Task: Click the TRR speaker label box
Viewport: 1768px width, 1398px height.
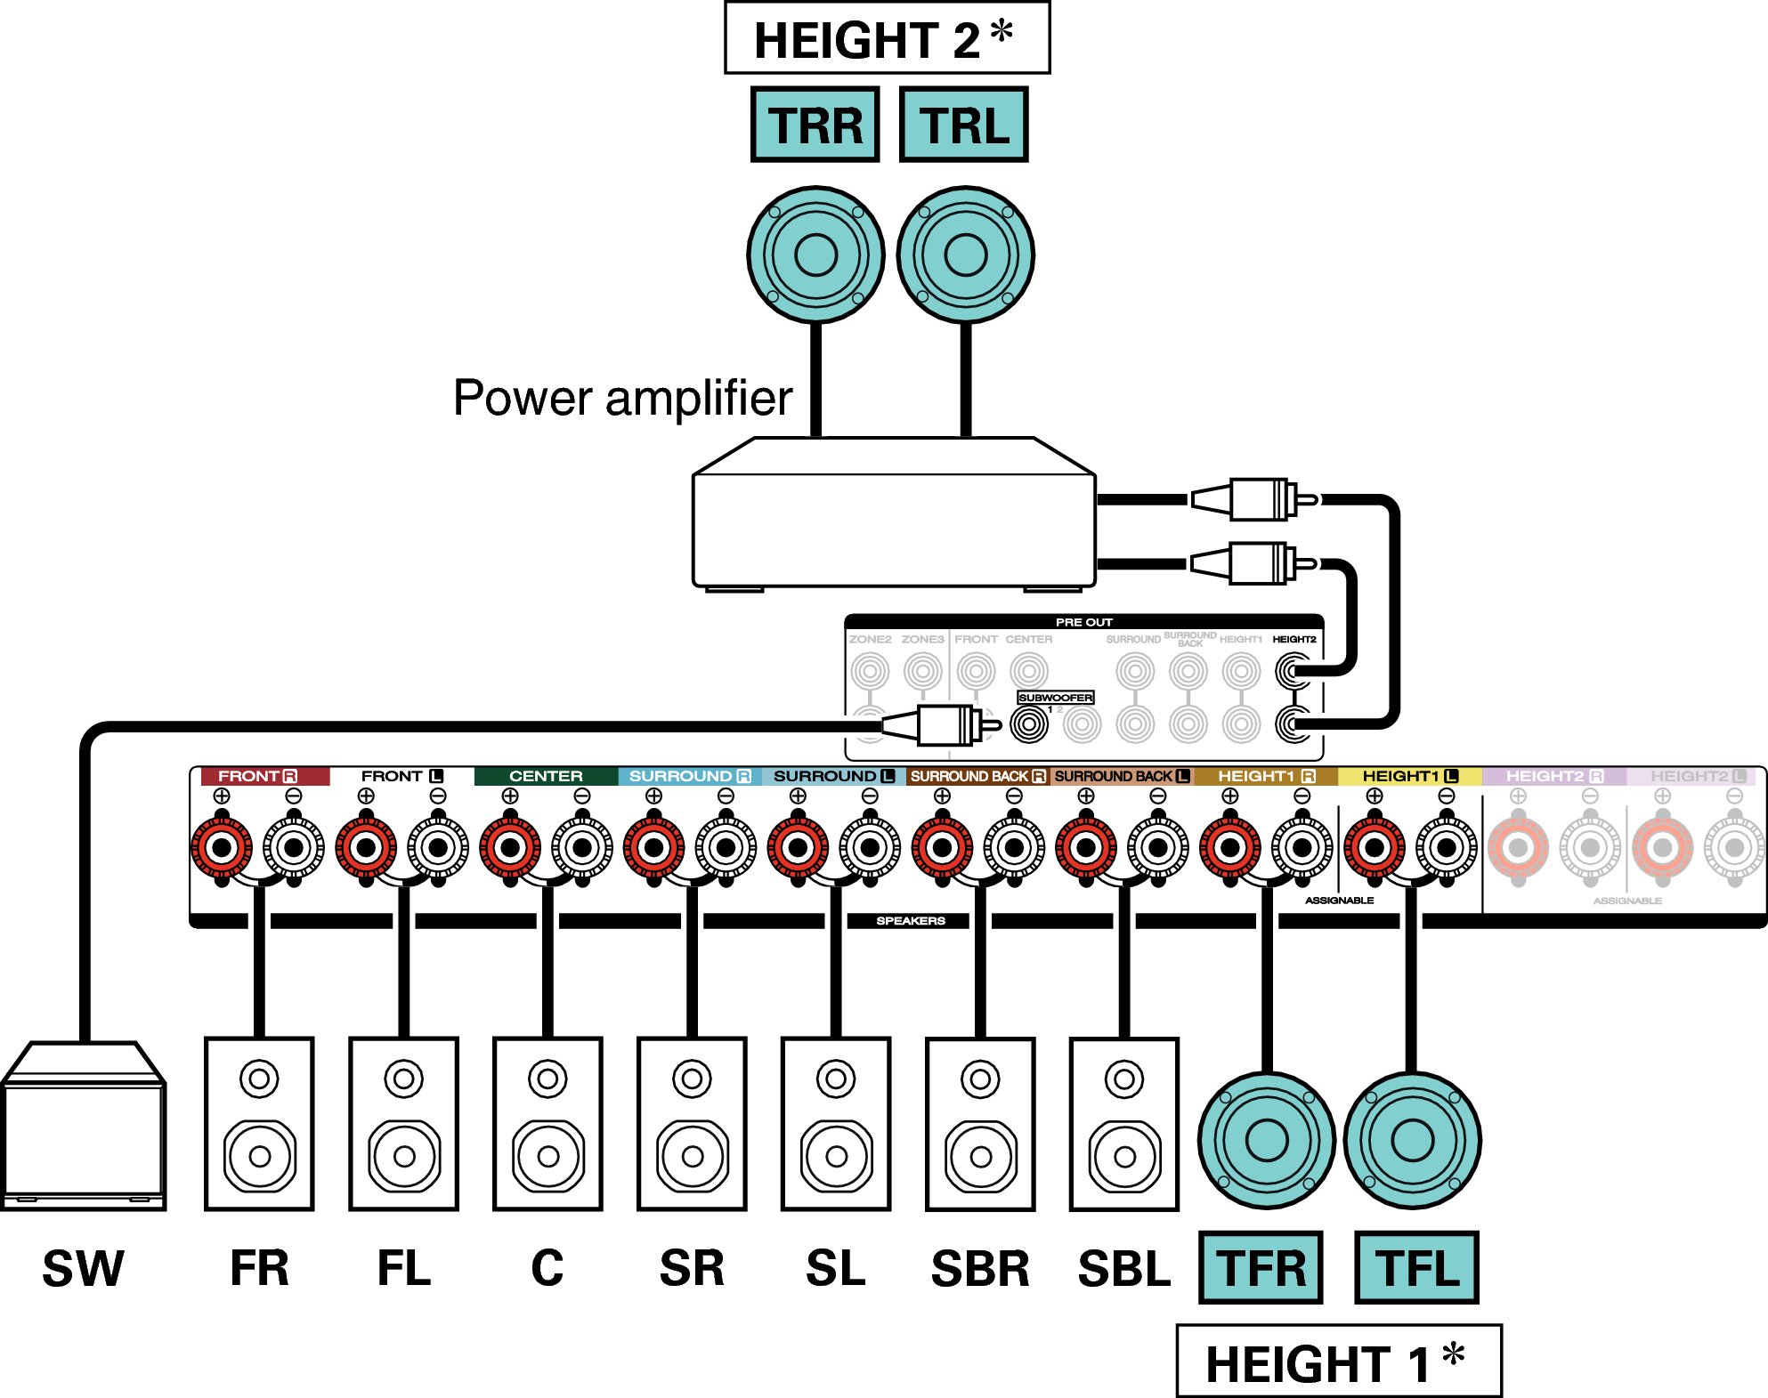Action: pos(815,125)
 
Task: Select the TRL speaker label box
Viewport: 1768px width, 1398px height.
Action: pos(964,125)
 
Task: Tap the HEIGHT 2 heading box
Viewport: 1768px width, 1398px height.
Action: pos(887,38)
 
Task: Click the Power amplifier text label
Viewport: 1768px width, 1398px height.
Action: pos(622,397)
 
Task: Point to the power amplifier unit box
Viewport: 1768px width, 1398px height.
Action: pos(893,525)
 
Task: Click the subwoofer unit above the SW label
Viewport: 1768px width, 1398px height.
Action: pos(84,1130)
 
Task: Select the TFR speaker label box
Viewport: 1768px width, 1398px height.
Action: pos(1261,1267)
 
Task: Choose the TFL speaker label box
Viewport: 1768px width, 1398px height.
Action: pos(1416,1267)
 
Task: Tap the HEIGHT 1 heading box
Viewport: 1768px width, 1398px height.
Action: pos(1338,1362)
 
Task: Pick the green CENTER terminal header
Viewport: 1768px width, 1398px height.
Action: pos(546,776)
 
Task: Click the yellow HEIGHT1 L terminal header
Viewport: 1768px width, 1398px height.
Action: pos(1409,776)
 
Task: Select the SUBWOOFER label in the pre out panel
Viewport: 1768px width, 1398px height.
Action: pos(1055,698)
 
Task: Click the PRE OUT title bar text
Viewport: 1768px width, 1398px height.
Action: pos(1083,622)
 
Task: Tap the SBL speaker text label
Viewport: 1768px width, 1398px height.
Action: pos(1123,1268)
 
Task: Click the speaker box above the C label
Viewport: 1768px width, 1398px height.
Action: pos(547,1123)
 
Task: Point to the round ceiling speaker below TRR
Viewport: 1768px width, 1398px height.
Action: pos(815,255)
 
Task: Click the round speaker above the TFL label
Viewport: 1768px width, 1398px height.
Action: pos(1412,1140)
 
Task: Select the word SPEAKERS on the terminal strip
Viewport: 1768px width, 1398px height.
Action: pos(910,920)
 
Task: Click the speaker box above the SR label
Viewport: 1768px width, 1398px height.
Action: pos(692,1123)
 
